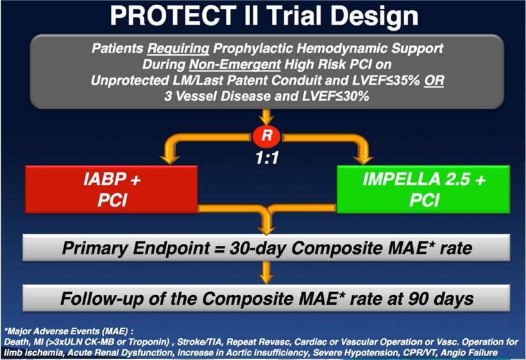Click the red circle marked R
tap(267, 136)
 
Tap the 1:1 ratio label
tap(267, 158)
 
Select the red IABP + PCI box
tap(112, 189)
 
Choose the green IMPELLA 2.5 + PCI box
tap(423, 189)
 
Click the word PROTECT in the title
tap(173, 16)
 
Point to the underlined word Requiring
tap(178, 49)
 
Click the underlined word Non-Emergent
tap(235, 64)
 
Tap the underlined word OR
tap(434, 80)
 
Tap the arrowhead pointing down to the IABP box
tap(170, 159)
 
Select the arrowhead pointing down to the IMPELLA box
tap(363, 159)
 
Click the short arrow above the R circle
tap(267, 117)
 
